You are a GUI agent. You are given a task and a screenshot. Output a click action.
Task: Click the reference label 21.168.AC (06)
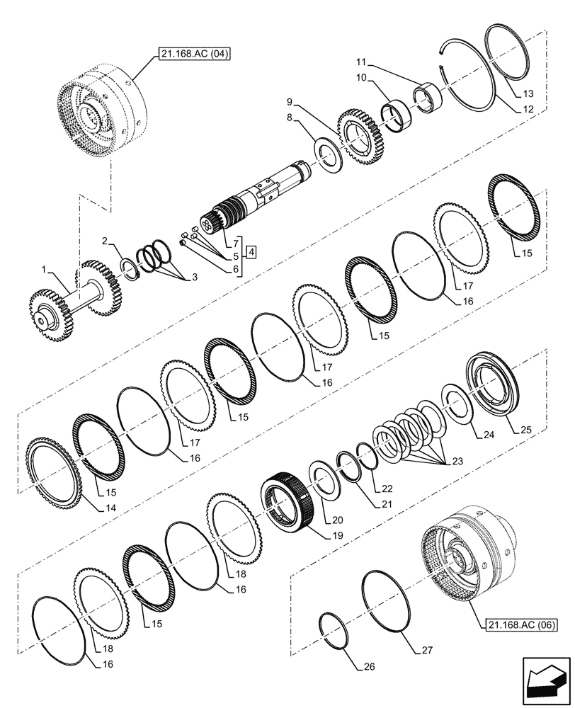(523, 624)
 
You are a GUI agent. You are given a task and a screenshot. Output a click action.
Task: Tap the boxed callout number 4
(252, 251)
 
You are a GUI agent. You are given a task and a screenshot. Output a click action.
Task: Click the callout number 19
(336, 536)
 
